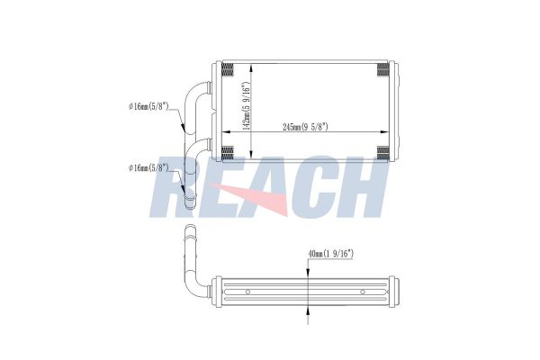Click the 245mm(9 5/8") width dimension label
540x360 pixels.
point(305,127)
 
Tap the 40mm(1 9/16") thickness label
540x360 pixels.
point(330,254)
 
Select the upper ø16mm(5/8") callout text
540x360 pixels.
point(148,106)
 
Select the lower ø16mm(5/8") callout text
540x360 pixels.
point(148,167)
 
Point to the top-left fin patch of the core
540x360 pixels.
point(228,69)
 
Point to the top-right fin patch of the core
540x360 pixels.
point(383,69)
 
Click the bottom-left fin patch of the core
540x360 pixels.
point(228,153)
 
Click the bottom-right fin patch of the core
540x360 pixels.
point(383,153)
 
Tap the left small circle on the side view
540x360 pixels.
point(247,292)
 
